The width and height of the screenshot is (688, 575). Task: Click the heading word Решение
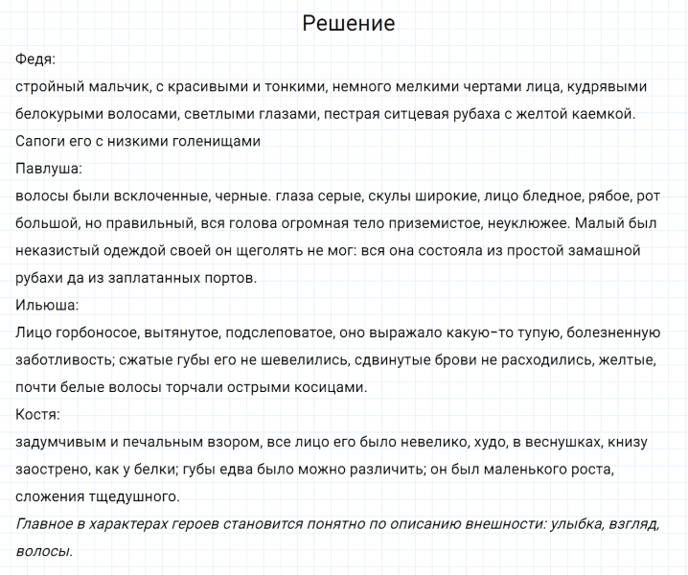tap(348, 24)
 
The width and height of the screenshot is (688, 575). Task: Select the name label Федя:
tap(35, 59)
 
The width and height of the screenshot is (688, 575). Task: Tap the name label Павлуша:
tap(49, 170)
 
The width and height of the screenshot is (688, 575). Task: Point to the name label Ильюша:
tap(47, 306)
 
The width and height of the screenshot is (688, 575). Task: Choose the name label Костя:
tap(38, 415)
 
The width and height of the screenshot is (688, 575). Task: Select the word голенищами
tap(215, 142)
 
